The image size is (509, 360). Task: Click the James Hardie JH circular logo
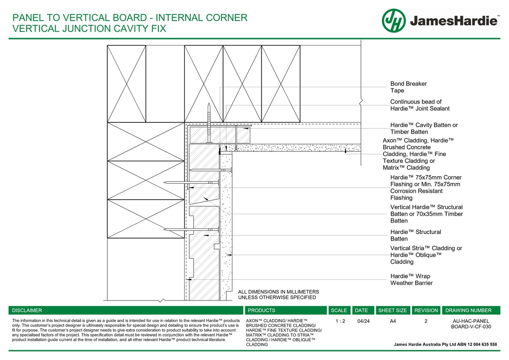coord(394,21)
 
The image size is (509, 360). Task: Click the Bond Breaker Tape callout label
coord(408,87)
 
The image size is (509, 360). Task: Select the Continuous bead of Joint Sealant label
coord(419,105)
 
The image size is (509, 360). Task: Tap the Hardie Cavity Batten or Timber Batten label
coord(424,128)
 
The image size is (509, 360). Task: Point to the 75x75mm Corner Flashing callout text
coord(426,187)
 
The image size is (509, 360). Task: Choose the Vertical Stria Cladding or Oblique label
coord(426,255)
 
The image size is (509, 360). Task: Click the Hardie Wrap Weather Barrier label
coord(411,279)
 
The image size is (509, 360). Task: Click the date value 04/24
coord(363,322)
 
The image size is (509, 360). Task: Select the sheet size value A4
coord(392,322)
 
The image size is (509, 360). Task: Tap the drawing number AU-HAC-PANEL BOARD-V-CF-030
coord(471,324)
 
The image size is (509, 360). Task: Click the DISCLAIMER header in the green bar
coord(27,310)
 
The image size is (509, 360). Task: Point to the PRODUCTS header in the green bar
coord(262,310)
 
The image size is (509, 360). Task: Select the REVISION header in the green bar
coord(426,310)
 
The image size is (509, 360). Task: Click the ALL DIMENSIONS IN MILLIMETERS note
coord(278,294)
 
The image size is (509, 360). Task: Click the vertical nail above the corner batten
coord(209,122)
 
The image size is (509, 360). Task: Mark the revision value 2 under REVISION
coord(426,322)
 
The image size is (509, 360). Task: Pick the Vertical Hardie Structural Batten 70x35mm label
coord(426,214)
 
